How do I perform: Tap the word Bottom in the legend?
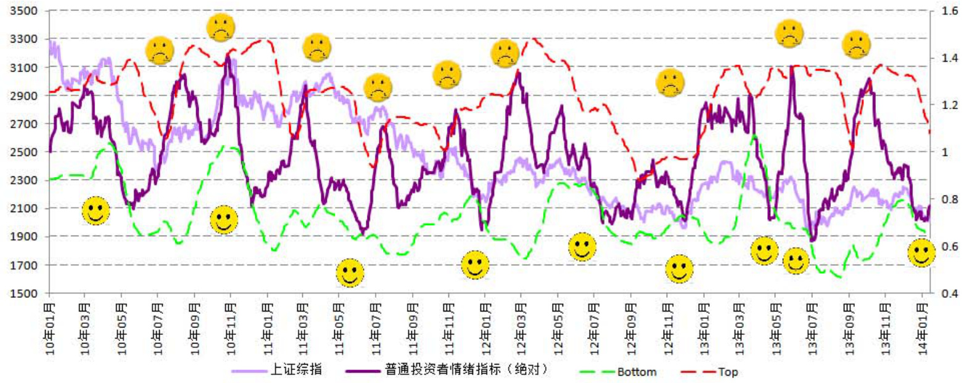click(x=637, y=371)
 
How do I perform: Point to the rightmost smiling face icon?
click(x=922, y=253)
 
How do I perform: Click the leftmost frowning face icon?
click(x=160, y=51)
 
